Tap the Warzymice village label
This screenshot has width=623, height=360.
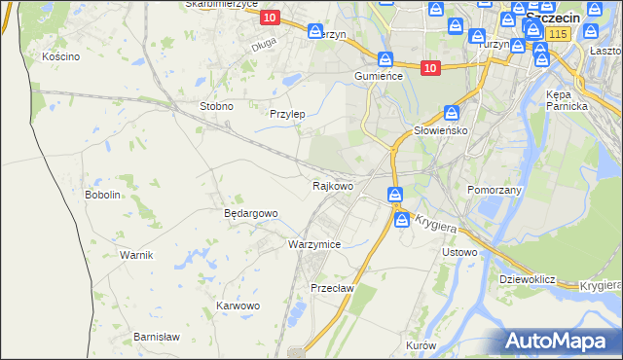pyautogui.click(x=314, y=245)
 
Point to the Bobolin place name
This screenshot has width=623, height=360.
pyautogui.click(x=102, y=195)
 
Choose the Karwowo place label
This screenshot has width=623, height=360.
pyautogui.click(x=238, y=306)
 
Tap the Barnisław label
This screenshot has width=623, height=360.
pyautogui.click(x=157, y=337)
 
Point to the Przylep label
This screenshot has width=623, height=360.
pyautogui.click(x=287, y=114)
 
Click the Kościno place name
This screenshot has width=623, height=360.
pyautogui.click(x=60, y=57)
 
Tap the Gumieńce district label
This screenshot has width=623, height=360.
pyautogui.click(x=379, y=76)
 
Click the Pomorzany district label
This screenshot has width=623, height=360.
pyautogui.click(x=495, y=190)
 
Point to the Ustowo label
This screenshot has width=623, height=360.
pyautogui.click(x=459, y=253)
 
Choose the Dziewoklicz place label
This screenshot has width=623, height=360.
pyautogui.click(x=527, y=279)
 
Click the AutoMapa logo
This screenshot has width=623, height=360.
pyautogui.click(x=558, y=341)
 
